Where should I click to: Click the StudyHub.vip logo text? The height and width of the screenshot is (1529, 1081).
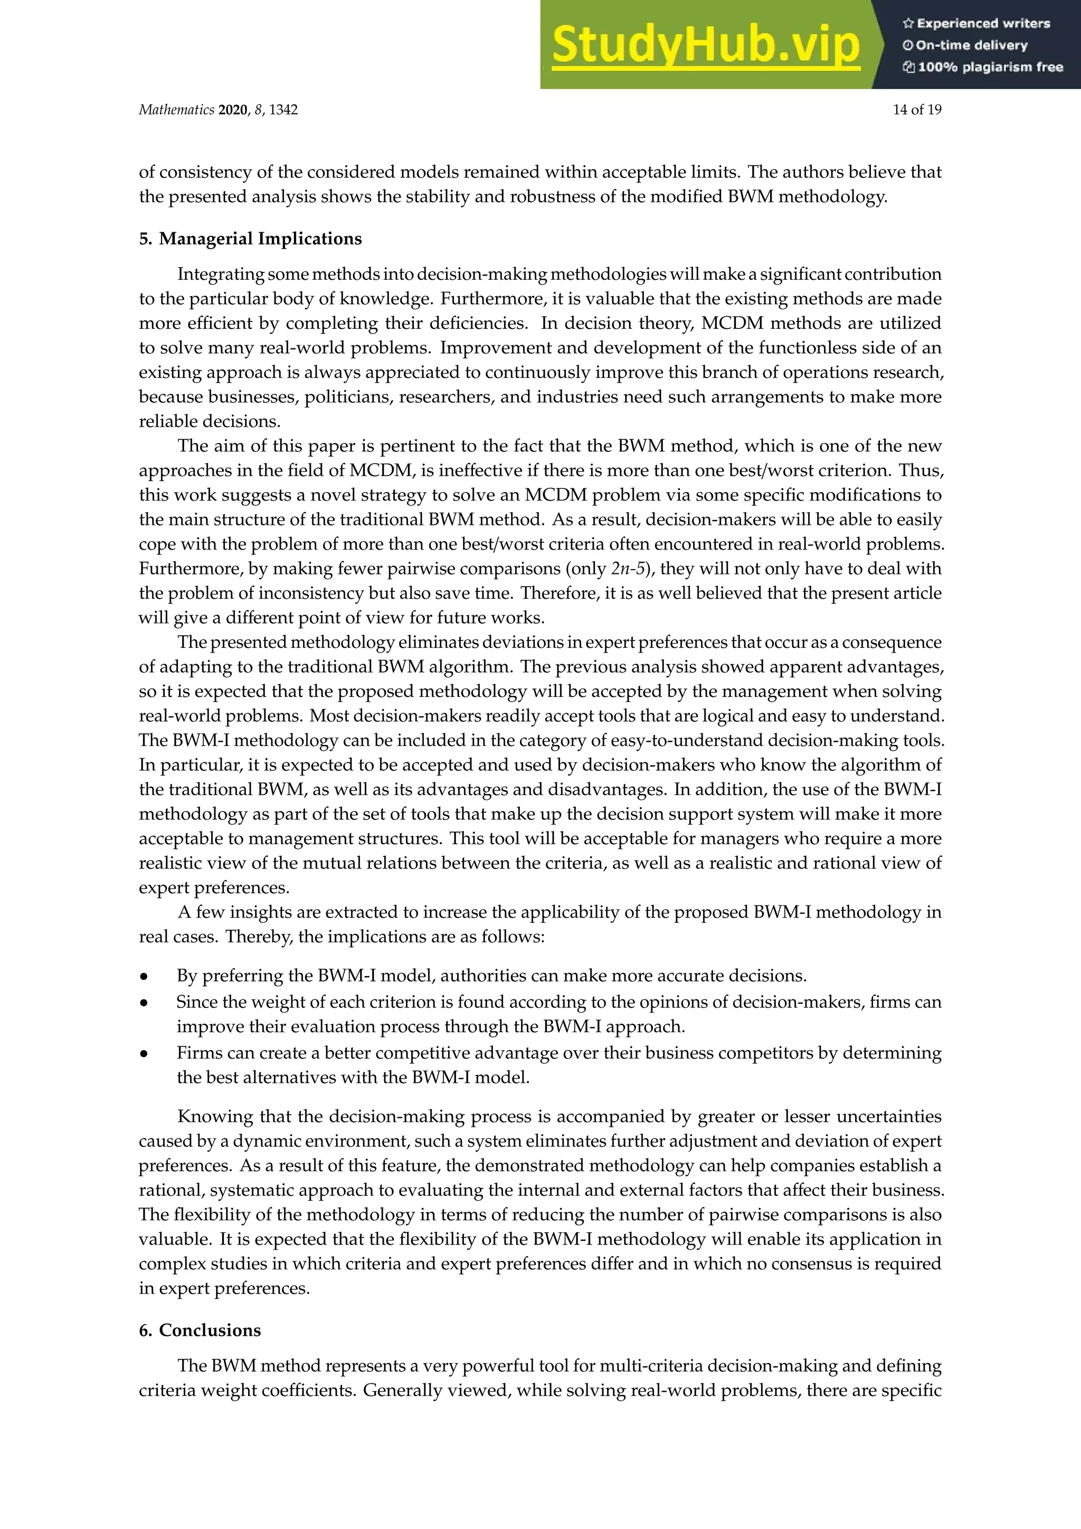pos(706,45)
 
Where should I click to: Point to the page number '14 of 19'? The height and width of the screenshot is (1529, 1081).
pos(917,110)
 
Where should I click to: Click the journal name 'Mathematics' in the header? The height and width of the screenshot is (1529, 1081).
pos(176,110)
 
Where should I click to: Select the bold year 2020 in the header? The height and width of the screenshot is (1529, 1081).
pos(232,110)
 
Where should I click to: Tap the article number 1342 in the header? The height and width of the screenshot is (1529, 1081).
pos(283,110)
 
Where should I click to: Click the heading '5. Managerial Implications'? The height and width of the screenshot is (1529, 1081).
pos(250,239)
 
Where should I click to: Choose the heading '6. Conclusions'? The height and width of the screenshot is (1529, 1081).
pos(200,1330)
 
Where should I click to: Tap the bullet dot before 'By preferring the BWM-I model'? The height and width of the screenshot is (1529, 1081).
pos(144,977)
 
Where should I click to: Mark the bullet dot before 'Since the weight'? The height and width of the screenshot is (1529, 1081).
pos(144,1003)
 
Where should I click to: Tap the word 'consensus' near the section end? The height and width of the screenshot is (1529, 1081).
pos(811,1264)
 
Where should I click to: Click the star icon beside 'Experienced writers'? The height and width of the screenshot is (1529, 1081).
pos(907,23)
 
